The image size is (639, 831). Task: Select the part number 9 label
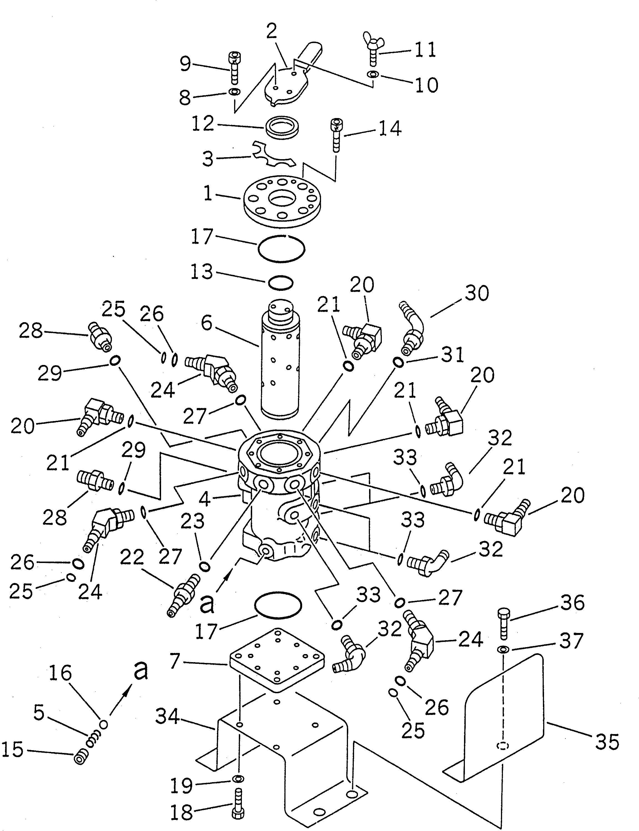(185, 64)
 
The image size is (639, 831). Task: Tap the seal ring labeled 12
(282, 127)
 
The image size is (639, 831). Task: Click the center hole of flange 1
(281, 199)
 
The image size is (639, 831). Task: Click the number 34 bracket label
(167, 717)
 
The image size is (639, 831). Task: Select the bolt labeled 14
(337, 135)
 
